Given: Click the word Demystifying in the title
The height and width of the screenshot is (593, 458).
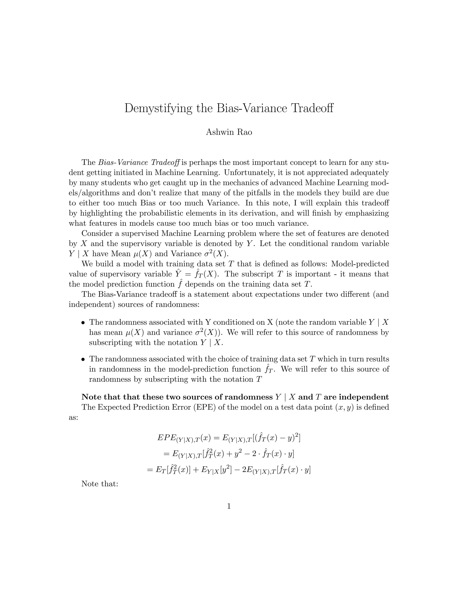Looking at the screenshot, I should [158, 108].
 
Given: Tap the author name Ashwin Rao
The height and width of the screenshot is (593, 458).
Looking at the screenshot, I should [229, 132].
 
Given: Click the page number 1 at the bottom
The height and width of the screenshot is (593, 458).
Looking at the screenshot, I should [229, 506].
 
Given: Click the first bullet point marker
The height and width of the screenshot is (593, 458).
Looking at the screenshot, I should [83, 323].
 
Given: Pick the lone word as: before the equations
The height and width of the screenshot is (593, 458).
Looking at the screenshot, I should [73, 418].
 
